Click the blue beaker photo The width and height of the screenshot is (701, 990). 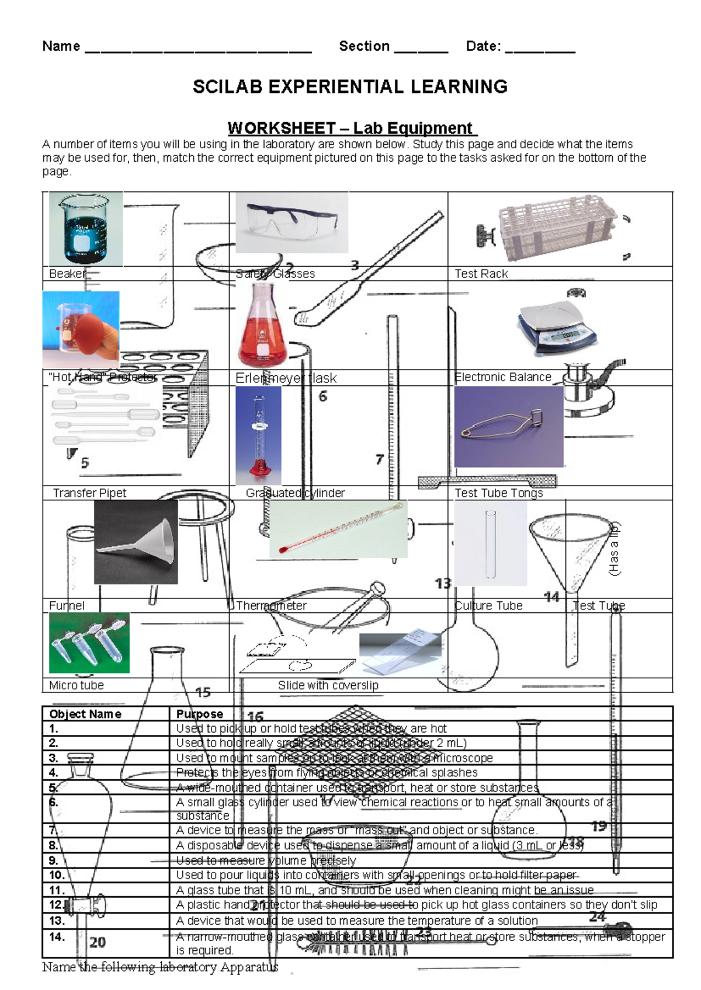(x=86, y=229)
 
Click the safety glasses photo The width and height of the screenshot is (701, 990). (x=291, y=222)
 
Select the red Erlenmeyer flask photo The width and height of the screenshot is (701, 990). (x=262, y=325)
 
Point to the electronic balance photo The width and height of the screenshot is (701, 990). (x=557, y=329)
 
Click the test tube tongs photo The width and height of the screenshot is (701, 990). (x=508, y=426)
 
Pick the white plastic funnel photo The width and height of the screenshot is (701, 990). (x=136, y=542)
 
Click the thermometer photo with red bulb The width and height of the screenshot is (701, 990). (x=339, y=528)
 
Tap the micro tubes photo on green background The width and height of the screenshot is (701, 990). (x=89, y=642)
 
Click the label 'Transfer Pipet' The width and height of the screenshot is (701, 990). (x=89, y=493)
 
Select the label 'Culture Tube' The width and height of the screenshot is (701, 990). (x=488, y=605)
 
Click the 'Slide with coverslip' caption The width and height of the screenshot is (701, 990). (x=328, y=685)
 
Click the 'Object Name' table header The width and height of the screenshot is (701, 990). (x=85, y=713)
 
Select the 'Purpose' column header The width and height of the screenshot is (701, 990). (x=200, y=713)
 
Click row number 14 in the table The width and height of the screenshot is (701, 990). (x=57, y=936)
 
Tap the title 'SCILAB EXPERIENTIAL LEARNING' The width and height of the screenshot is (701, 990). (x=350, y=87)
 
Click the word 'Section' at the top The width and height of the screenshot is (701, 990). (x=364, y=46)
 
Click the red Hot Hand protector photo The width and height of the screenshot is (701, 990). (x=81, y=330)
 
